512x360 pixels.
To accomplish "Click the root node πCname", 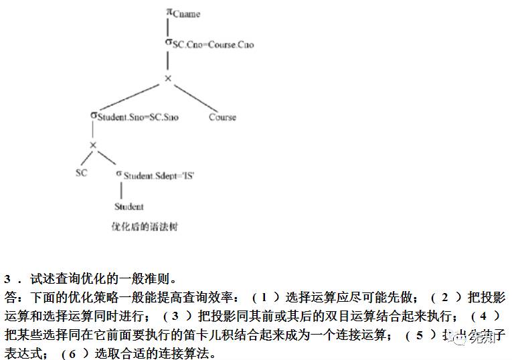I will coord(183,13).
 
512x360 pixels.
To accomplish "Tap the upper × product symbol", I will coord(168,79).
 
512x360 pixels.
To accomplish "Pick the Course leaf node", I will coord(222,117).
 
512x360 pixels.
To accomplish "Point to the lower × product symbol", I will coord(93,145).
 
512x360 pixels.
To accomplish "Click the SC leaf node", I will coord(81,173).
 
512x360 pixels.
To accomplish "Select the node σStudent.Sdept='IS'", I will coord(155,175).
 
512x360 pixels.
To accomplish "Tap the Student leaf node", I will coord(129,206).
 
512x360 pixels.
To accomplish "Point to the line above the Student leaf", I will coord(121,190).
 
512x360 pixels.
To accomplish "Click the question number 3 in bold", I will coord(8,278).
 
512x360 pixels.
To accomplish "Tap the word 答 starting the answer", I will coord(9,296).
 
